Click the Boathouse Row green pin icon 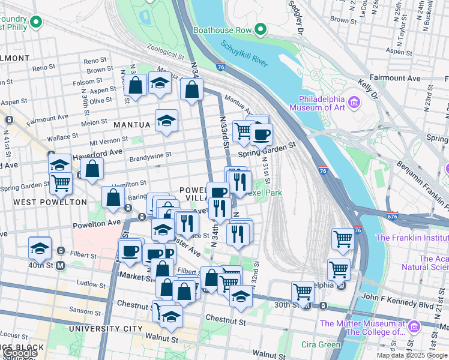(x=260, y=29)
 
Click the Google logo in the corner (x=20, y=353)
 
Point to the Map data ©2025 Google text (x=411, y=355)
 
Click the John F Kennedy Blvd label (x=397, y=297)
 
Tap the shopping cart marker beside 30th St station (x=303, y=292)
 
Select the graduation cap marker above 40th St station (x=40, y=247)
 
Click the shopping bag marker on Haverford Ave (x=92, y=169)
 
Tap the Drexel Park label (x=267, y=193)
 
